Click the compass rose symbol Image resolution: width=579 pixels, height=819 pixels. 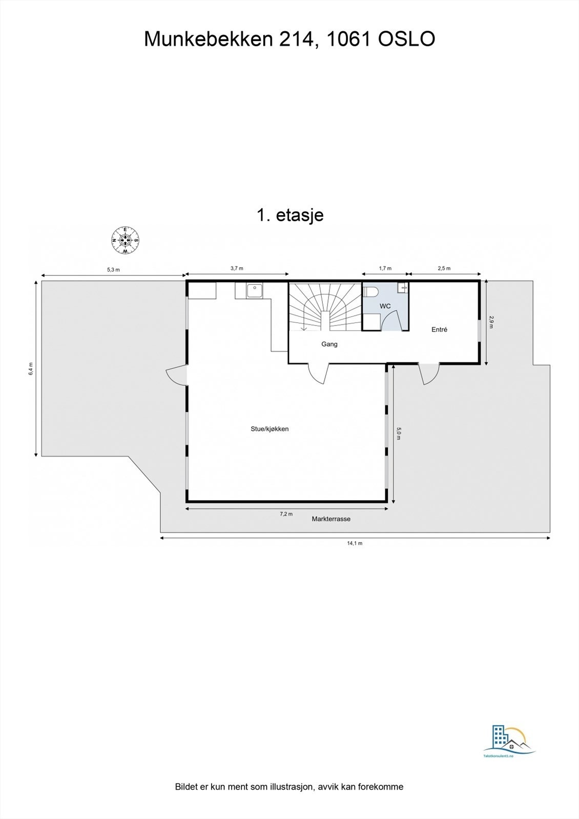point(126,240)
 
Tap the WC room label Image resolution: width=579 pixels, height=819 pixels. point(385,306)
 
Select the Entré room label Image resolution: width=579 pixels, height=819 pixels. point(439,330)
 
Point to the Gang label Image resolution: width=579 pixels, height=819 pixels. point(329,344)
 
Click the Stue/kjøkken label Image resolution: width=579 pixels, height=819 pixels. point(270,429)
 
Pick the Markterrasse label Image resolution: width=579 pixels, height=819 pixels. point(331,519)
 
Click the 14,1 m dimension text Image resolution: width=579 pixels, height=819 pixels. point(355,543)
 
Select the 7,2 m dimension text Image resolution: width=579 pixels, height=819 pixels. point(286,514)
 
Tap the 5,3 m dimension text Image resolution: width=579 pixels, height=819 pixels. point(113,269)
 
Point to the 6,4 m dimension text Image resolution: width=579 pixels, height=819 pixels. point(31,369)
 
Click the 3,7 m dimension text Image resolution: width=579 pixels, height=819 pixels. point(237,268)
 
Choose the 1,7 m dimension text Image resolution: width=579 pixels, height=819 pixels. point(385,268)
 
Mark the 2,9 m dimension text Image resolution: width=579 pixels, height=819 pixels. point(491,322)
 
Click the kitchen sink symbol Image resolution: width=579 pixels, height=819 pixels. point(254,291)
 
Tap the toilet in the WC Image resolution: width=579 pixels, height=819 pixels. point(370,292)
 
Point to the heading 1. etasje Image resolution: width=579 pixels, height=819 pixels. point(289,215)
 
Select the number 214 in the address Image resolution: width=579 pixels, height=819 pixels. point(296,39)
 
